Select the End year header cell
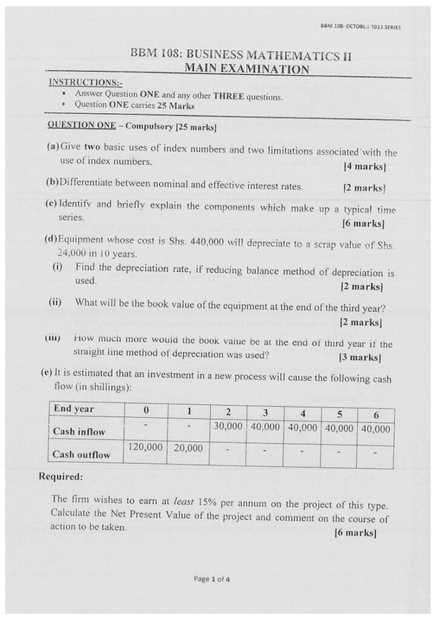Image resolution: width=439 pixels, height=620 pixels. [73, 410]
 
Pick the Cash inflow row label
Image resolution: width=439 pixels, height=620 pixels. [79, 432]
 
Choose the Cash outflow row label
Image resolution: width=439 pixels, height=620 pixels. [81, 454]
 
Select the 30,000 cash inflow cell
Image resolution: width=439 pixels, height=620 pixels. [228, 426]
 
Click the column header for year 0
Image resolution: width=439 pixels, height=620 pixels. [145, 411]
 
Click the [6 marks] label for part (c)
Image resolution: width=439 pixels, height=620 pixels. [363, 223]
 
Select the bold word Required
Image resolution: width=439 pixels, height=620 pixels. [61, 477]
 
